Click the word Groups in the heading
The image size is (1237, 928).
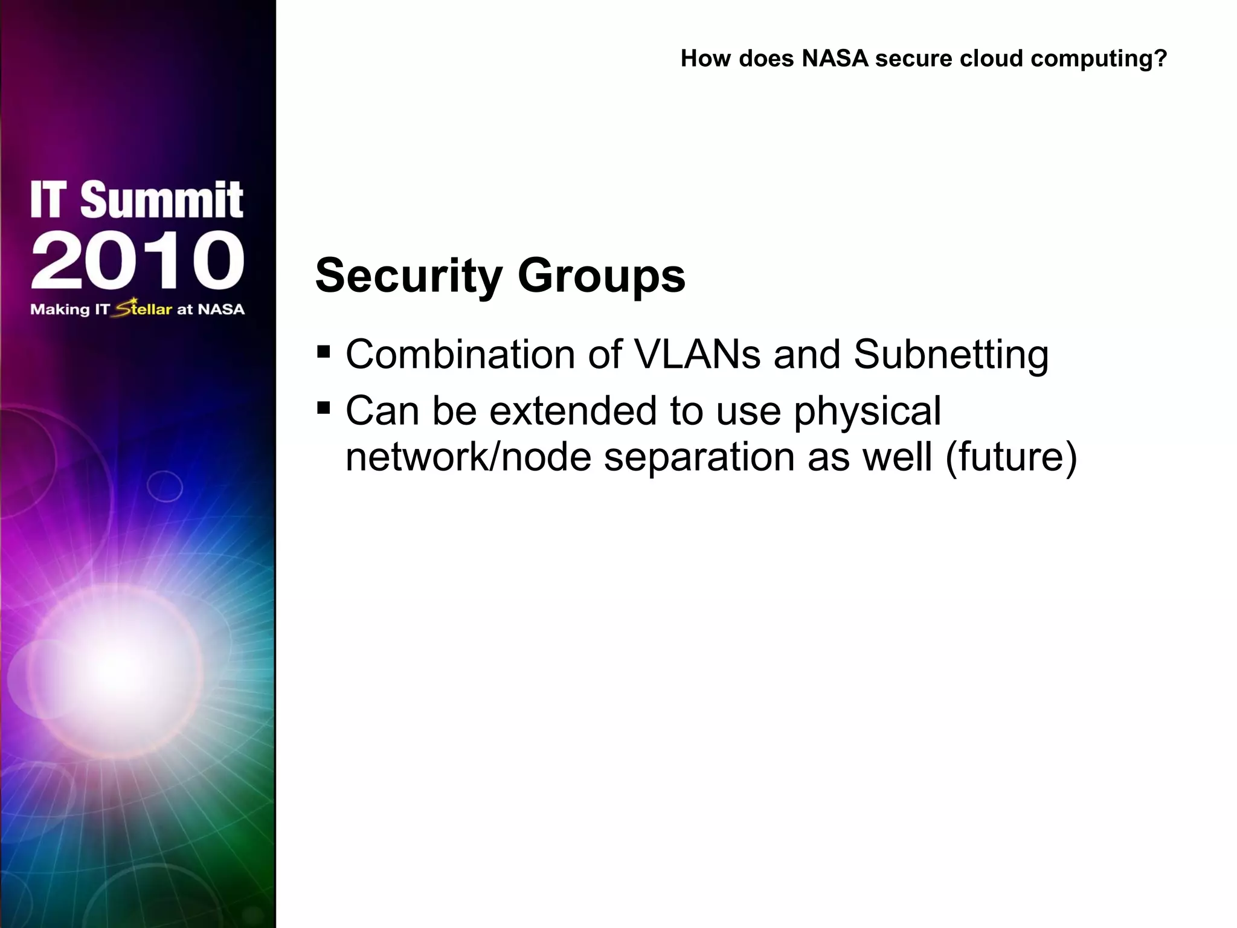(x=602, y=276)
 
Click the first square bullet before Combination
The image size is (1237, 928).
(x=324, y=352)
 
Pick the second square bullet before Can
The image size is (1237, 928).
(x=324, y=408)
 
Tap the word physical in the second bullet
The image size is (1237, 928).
(x=867, y=412)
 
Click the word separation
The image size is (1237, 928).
(x=699, y=458)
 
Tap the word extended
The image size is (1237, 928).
(x=573, y=411)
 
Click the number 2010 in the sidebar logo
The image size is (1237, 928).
(x=138, y=260)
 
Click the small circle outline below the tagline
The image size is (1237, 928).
(x=165, y=486)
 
